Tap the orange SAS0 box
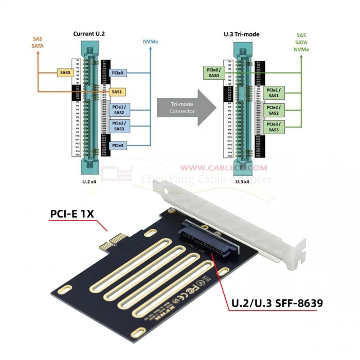click(65, 74)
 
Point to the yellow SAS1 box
click(117, 92)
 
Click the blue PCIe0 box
click(117, 74)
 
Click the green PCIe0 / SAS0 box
click(213, 73)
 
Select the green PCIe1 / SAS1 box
click(273, 93)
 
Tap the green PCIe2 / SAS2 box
click(273, 110)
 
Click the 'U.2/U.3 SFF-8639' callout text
click(276, 303)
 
